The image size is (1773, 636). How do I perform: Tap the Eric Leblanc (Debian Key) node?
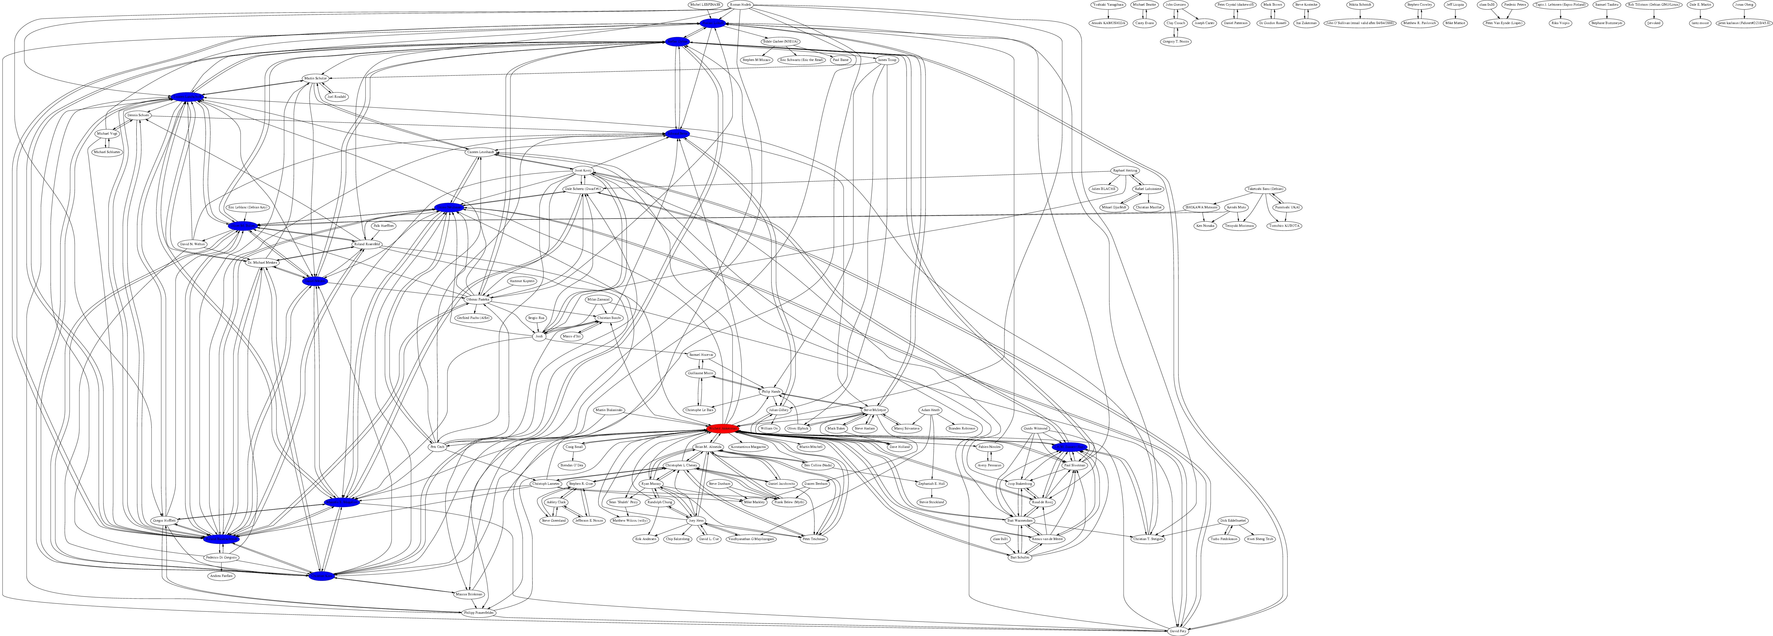click(248, 207)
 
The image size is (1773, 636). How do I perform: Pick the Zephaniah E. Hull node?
click(932, 484)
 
